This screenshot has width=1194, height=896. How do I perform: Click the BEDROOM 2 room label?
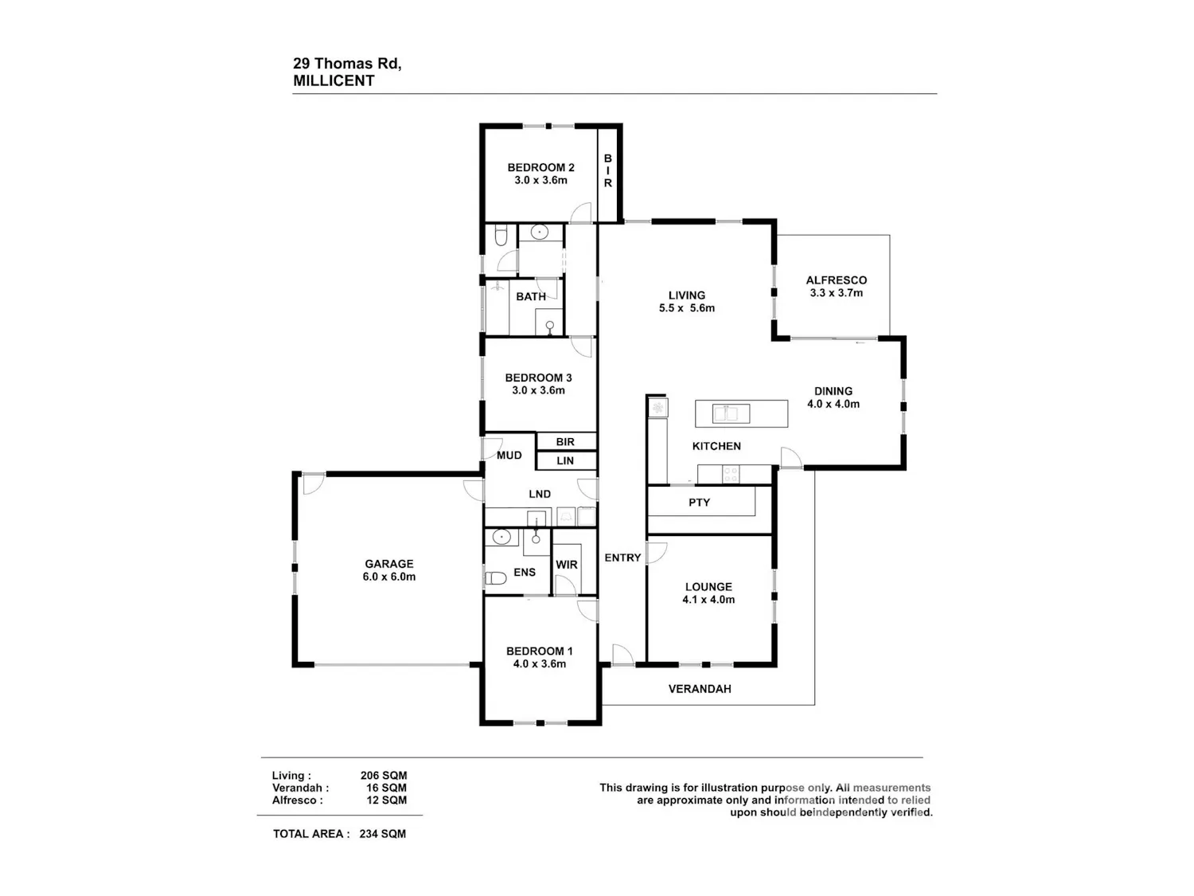point(540,167)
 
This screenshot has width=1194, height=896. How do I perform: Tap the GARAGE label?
point(389,564)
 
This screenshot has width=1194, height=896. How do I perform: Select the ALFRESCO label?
point(836,280)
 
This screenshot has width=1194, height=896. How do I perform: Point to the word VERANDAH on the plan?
point(700,689)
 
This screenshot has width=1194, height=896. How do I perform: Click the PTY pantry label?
point(699,502)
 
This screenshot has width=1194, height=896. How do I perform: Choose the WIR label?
point(566,565)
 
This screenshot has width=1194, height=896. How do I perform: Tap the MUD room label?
point(509,456)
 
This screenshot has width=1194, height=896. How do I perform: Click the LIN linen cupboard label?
point(565,461)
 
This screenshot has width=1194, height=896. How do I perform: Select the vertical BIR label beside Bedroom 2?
point(607,170)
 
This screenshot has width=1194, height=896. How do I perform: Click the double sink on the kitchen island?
point(731,413)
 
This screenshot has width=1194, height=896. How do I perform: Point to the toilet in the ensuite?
point(496,577)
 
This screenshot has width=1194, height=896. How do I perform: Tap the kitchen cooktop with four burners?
point(731,475)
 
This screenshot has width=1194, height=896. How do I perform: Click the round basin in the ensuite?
point(501,538)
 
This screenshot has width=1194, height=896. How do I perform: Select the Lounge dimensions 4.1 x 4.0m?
point(708,600)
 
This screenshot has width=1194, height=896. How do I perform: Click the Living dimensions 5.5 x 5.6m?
point(686,308)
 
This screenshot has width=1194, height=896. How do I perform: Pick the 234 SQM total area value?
point(382,834)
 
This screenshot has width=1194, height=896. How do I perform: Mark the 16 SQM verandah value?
point(386,788)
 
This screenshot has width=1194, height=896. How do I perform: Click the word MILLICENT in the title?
point(334,81)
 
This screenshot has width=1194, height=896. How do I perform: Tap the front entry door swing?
point(622,655)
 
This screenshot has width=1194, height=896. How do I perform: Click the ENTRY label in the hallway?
point(622,558)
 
